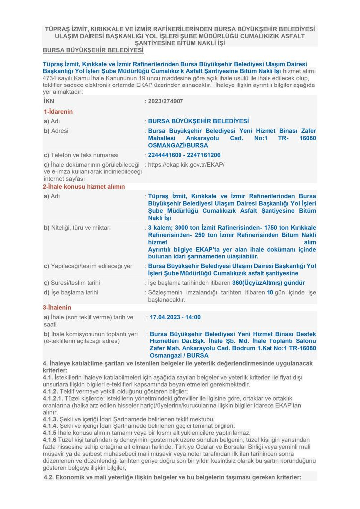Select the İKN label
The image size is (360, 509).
(49, 101)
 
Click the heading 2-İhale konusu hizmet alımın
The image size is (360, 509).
(84, 187)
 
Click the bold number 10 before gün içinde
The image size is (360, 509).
(270, 292)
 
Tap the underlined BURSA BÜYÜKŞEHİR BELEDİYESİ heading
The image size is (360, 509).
(93, 51)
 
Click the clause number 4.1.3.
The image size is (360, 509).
(51, 419)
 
